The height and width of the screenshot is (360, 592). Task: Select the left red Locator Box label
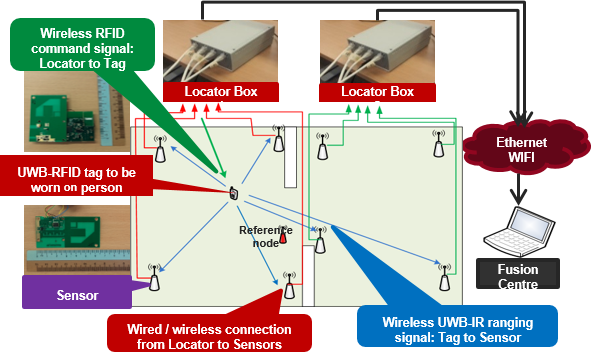tap(220, 91)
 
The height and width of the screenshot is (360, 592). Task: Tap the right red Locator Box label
tap(377, 91)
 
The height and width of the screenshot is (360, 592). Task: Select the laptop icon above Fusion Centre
tap(516, 229)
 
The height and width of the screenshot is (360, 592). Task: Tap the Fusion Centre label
tap(516, 276)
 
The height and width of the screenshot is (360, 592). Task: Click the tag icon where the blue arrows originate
tap(233, 192)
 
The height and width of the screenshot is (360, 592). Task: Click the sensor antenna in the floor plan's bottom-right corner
tap(442, 276)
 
